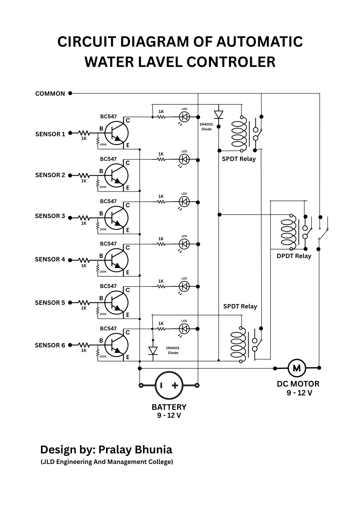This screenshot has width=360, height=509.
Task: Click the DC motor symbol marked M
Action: click(x=296, y=368)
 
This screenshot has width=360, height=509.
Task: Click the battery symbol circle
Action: click(x=169, y=385)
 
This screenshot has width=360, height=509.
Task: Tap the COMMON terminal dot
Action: click(x=70, y=93)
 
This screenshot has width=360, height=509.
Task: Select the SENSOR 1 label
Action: click(x=50, y=134)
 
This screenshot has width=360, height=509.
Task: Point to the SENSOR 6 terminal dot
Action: click(x=70, y=345)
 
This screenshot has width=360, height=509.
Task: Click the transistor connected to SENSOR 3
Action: click(x=116, y=218)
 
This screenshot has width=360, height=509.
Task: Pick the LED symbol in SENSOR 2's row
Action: click(x=184, y=160)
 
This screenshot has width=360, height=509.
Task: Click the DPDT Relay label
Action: click(x=294, y=256)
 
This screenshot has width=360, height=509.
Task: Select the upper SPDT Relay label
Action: click(x=239, y=159)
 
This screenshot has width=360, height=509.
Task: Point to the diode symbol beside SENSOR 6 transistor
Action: click(x=153, y=351)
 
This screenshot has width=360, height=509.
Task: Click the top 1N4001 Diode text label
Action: click(x=207, y=127)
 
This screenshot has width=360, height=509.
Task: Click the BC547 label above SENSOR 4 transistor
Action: click(x=108, y=244)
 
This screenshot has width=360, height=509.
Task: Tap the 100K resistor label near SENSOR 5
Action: click(x=103, y=314)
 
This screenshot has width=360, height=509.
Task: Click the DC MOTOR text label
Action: click(x=298, y=384)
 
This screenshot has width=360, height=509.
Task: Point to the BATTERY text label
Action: click(x=169, y=407)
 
